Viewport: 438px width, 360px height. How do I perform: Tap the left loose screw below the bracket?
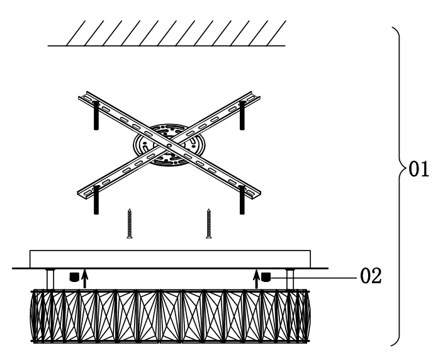(130, 224)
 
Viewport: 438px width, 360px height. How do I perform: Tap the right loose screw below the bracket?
(208, 224)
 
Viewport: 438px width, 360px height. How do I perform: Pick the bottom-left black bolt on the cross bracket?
(96, 198)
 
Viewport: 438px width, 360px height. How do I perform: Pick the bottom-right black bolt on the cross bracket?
(242, 199)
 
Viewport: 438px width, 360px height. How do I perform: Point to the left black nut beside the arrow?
(74, 276)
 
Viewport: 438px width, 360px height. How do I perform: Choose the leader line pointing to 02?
(315, 276)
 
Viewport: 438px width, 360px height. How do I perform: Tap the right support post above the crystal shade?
(290, 279)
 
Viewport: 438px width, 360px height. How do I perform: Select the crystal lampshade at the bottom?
(170, 315)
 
